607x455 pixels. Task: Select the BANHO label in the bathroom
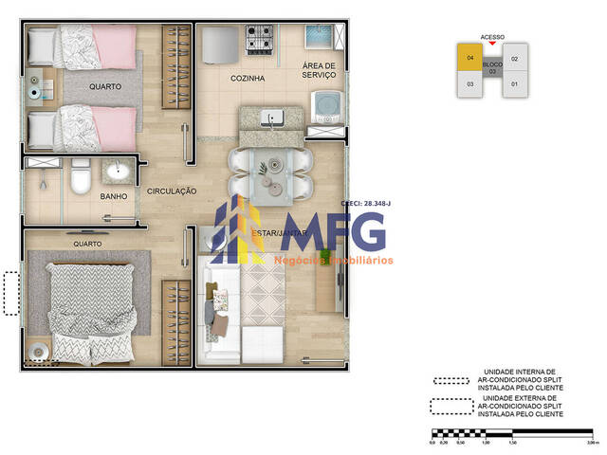coord(114,197)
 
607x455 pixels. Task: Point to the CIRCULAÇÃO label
coord(172,191)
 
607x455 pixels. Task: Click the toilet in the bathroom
coord(81,175)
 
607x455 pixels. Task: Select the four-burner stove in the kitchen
coord(260,39)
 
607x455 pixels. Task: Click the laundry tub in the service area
coord(317,37)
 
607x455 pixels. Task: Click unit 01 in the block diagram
coord(515,84)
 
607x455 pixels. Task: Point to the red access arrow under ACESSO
coord(492,45)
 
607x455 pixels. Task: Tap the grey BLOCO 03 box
coord(492,68)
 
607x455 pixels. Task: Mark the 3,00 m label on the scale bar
coord(589,442)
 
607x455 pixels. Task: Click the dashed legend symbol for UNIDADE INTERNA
coord(451,380)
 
